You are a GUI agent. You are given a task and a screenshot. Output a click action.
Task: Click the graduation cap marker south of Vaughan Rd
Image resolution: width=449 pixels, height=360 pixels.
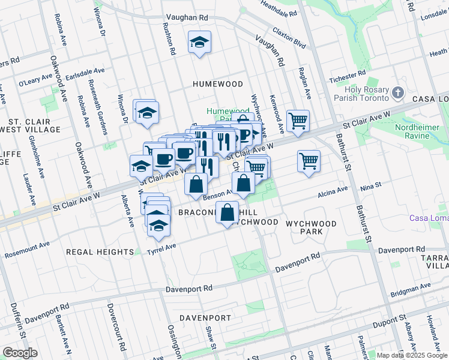[x=199, y=42]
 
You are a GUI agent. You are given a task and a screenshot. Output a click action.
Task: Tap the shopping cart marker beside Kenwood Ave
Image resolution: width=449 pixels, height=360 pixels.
[x=298, y=121]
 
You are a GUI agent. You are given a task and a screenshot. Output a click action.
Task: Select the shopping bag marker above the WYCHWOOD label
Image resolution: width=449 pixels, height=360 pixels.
[x=227, y=213]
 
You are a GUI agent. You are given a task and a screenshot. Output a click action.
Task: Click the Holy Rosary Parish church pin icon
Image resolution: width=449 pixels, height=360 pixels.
[x=398, y=94]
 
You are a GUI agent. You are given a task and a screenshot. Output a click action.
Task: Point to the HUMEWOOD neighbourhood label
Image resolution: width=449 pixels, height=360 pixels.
[x=217, y=85]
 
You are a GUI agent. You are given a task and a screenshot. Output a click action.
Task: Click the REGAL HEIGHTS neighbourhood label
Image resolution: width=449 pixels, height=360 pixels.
[x=100, y=252]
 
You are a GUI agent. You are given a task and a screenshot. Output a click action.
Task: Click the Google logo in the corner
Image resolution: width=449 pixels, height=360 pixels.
[x=20, y=353]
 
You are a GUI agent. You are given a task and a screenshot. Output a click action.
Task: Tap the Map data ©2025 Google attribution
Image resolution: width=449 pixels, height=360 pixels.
[x=412, y=355]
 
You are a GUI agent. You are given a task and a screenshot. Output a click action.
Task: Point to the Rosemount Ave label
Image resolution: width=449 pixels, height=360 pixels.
[x=27, y=251]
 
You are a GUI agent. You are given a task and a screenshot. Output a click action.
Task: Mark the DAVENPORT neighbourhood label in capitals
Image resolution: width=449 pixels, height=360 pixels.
[x=205, y=317]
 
